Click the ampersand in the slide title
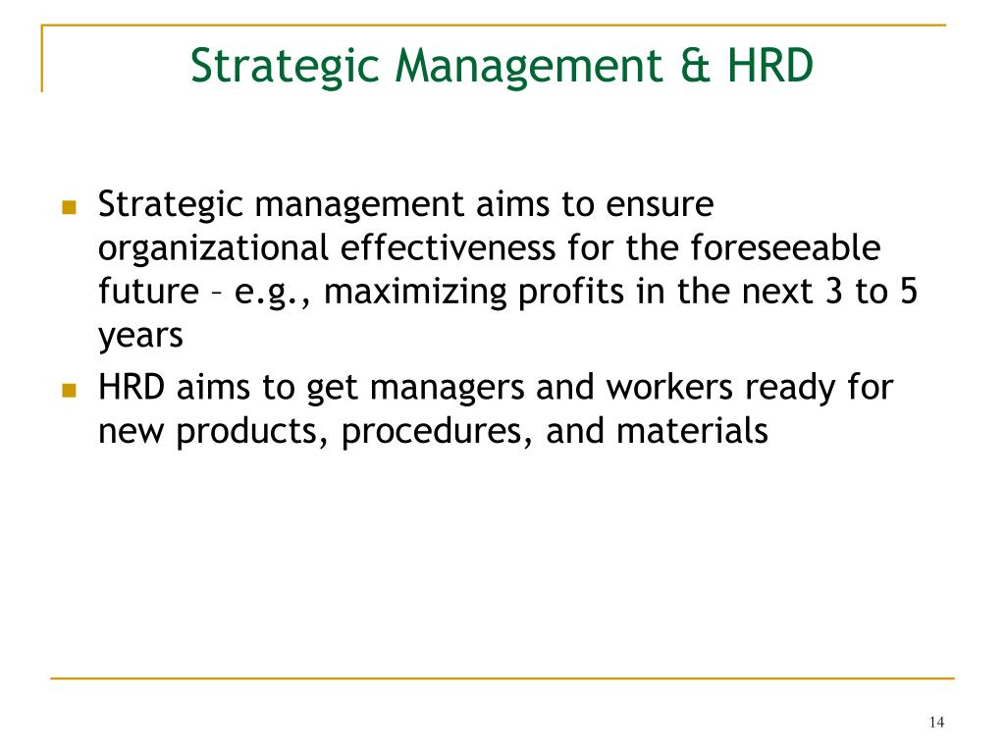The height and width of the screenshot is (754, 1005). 695,66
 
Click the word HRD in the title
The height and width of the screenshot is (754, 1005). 769,66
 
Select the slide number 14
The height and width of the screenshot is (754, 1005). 936,722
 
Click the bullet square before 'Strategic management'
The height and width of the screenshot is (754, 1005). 70,207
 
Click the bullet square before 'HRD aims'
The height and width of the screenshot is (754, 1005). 70,390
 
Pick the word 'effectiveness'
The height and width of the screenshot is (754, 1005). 448,247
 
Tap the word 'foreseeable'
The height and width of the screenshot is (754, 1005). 785,247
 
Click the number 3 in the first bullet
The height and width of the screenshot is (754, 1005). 833,292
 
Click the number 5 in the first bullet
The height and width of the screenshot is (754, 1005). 909,292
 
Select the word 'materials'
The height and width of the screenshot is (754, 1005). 692,431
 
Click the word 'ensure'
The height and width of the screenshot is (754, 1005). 660,206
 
